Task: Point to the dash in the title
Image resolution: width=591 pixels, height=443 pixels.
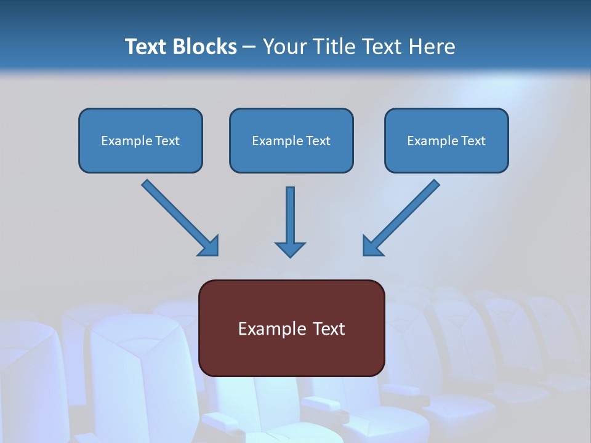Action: click(249, 47)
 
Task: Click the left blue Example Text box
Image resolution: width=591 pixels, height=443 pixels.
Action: click(140, 140)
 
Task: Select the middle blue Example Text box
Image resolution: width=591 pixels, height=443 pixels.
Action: click(291, 140)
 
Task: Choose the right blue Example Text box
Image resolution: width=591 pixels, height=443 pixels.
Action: click(446, 140)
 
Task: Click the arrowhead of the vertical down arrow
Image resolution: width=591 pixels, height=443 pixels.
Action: click(290, 249)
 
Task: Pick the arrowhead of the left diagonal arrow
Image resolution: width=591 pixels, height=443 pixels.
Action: click(209, 245)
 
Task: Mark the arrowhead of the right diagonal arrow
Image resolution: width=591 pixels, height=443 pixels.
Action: click(372, 245)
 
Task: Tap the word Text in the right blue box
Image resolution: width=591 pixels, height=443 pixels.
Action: click(473, 141)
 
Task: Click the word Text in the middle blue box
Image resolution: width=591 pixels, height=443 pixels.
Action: click(318, 141)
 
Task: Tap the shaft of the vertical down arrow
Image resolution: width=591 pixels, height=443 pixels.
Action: click(290, 212)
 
